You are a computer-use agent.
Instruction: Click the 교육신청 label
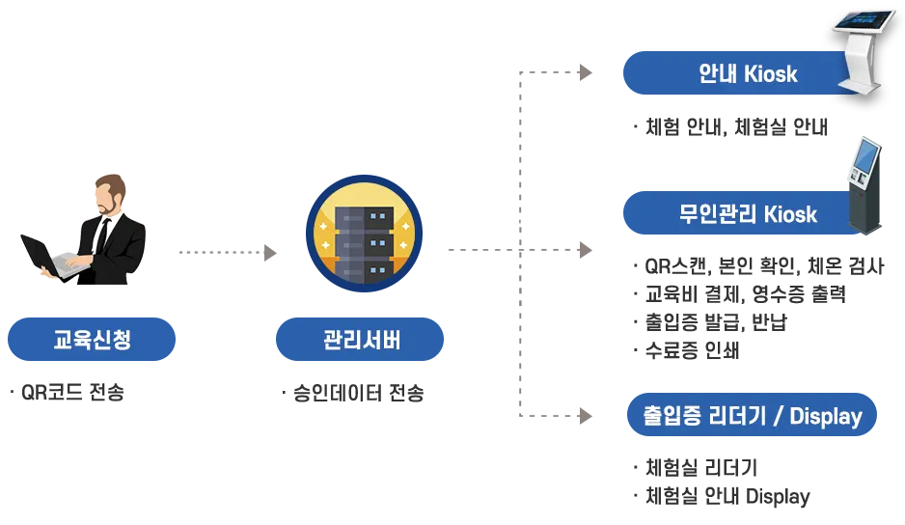click(x=93, y=340)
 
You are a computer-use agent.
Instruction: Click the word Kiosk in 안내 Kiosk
click(x=771, y=74)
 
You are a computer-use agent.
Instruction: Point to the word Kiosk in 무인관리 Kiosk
click(x=790, y=213)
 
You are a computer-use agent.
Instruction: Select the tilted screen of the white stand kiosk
click(x=864, y=20)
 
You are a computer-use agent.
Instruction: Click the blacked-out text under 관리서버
click(x=358, y=392)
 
